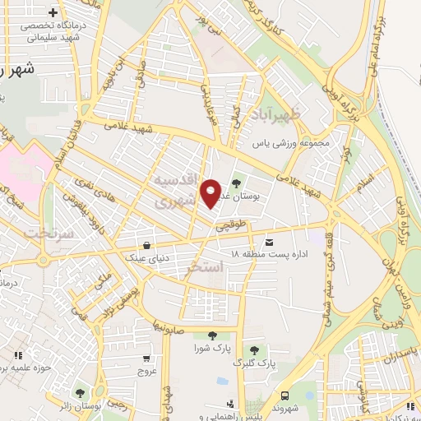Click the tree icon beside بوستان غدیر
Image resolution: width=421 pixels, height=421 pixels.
click(237, 183)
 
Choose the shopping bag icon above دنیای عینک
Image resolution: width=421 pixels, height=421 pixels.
click(146, 244)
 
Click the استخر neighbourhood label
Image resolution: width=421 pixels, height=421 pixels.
click(206, 268)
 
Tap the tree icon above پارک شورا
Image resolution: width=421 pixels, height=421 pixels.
click(212, 335)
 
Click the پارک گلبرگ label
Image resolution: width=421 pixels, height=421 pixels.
click(254, 362)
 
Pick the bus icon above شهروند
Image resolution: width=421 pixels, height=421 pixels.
click(285, 394)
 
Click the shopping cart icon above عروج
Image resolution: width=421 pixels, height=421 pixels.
click(146, 359)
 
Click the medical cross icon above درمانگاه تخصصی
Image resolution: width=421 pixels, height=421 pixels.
click(54, 13)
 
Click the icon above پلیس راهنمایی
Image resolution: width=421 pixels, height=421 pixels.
click(230, 404)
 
